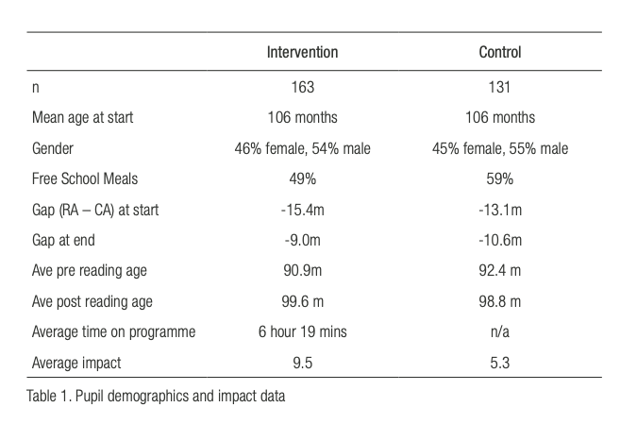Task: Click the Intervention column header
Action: pos(302,53)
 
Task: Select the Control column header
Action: pos(499,53)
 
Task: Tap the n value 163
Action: pos(302,88)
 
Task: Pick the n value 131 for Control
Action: pos(499,88)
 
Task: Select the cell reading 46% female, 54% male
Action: pos(302,149)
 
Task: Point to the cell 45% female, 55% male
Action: pos(499,149)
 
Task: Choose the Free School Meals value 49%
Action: pos(302,179)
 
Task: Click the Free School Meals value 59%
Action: pos(499,179)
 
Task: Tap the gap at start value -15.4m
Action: pos(302,210)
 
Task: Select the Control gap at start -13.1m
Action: pos(499,210)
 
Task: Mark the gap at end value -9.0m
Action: pos(302,241)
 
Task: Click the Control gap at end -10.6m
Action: pos(499,241)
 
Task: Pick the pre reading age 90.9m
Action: pos(302,271)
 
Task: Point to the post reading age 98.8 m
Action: pos(499,301)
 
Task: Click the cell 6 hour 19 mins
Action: pos(302,331)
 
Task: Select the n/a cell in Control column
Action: pos(499,331)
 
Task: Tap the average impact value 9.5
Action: pos(302,363)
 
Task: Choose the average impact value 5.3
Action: pos(499,363)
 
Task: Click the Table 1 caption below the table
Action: pos(156,397)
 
